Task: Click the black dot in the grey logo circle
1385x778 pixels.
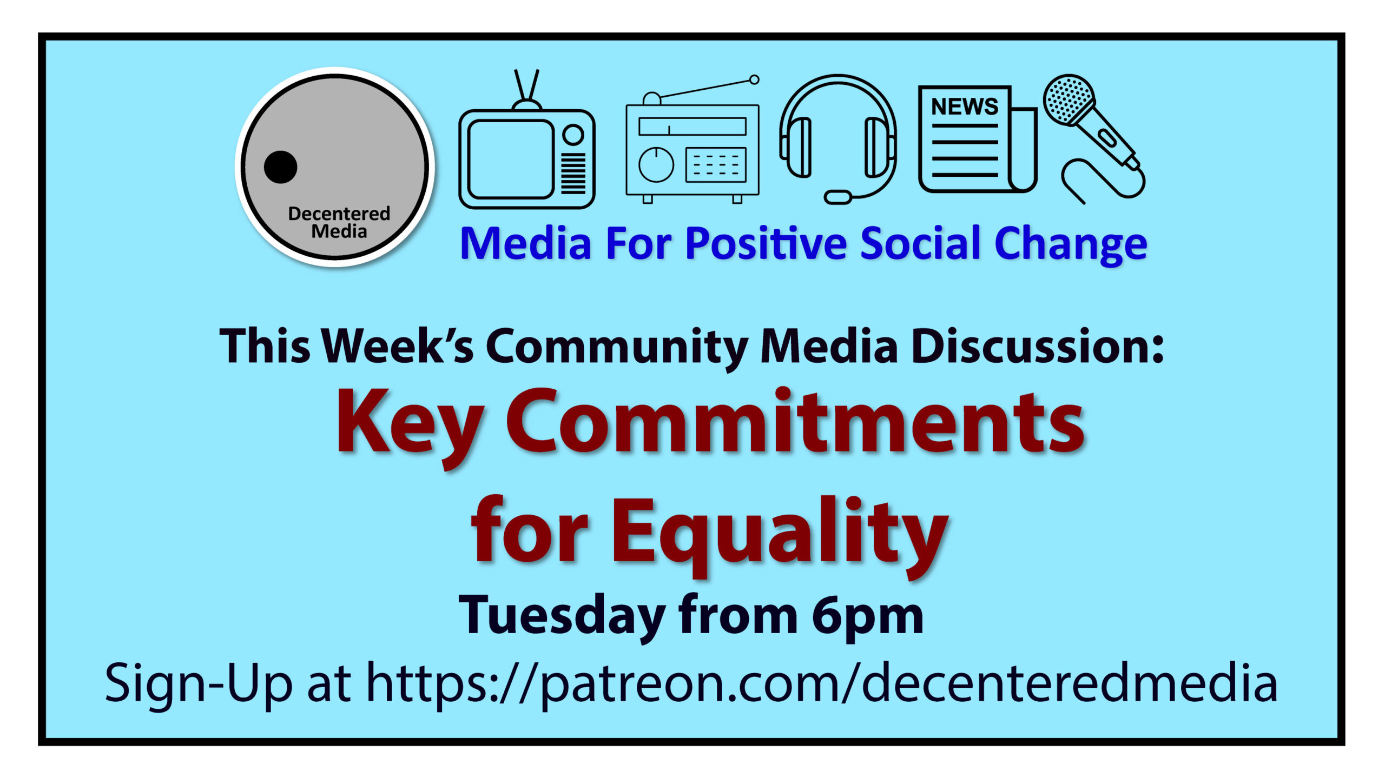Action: [x=280, y=167]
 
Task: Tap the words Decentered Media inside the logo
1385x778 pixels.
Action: [x=339, y=222]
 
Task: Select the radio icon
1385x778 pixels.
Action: [x=692, y=149]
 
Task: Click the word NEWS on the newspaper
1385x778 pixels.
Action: [x=965, y=107]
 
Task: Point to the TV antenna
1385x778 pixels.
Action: [x=526, y=89]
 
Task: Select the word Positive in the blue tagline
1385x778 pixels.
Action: [x=766, y=243]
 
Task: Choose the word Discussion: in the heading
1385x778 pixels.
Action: [x=1037, y=346]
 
